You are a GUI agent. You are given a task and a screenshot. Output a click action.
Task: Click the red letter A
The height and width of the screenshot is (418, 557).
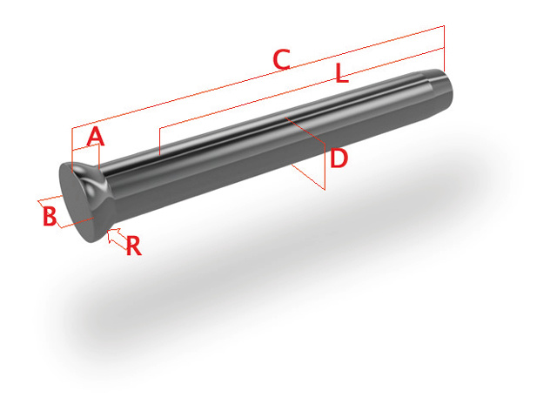[x=96, y=137]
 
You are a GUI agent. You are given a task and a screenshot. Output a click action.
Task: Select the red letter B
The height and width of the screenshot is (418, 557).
[x=50, y=215]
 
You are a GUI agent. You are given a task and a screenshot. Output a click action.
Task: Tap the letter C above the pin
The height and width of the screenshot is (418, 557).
[x=281, y=60]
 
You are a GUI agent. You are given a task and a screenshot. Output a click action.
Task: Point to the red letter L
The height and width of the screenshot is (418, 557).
[x=342, y=75]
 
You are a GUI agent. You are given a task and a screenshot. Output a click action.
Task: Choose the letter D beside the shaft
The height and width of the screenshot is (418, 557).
[x=339, y=158]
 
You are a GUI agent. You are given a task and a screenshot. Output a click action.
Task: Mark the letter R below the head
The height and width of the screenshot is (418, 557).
[x=133, y=246]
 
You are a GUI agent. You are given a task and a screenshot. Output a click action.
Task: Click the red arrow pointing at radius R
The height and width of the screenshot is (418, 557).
[x=112, y=237]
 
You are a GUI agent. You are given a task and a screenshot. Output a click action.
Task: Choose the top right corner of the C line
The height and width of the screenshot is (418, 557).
[x=444, y=26]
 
